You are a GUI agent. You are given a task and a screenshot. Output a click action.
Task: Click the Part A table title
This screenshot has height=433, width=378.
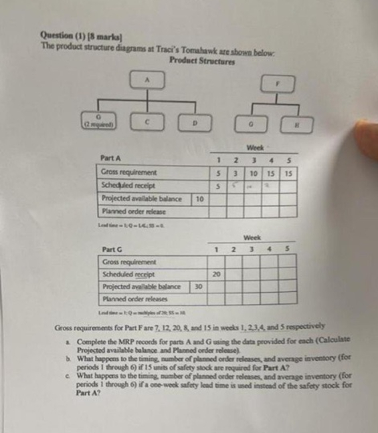[111, 159]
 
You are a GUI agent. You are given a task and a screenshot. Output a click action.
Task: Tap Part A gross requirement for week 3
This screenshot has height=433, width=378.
[253, 172]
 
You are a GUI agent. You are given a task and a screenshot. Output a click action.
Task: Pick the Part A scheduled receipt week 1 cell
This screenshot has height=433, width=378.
[217, 185]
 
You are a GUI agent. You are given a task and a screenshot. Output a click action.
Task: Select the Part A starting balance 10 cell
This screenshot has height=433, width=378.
[199, 198]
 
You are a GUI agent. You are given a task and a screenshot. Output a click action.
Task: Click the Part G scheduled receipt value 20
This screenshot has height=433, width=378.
[216, 274]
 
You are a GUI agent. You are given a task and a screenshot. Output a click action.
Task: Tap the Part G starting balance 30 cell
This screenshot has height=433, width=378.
[198, 287]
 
